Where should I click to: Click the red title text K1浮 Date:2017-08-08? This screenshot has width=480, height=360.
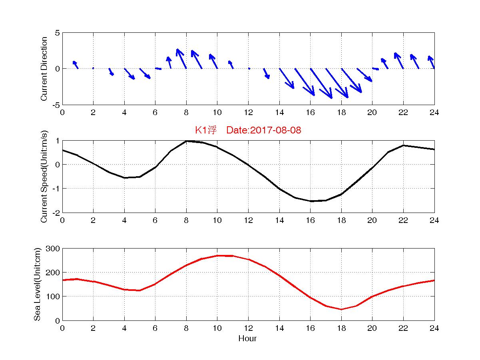click(248, 130)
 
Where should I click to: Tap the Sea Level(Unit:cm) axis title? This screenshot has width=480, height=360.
click(37, 284)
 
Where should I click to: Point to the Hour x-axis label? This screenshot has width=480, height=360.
click(247, 339)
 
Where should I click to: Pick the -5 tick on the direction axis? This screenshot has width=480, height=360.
click(56, 105)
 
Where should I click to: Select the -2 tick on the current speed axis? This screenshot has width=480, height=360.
click(56, 213)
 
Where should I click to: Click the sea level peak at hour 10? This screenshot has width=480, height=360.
click(217, 256)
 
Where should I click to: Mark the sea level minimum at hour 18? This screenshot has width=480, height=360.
click(341, 309)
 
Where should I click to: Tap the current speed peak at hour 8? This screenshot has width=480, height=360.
click(186, 141)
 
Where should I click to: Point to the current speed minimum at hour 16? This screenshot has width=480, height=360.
click(311, 201)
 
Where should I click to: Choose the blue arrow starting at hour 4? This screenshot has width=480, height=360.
click(129, 74)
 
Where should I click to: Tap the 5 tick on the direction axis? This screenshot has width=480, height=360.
click(57, 33)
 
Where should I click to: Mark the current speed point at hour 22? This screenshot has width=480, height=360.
click(403, 145)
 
